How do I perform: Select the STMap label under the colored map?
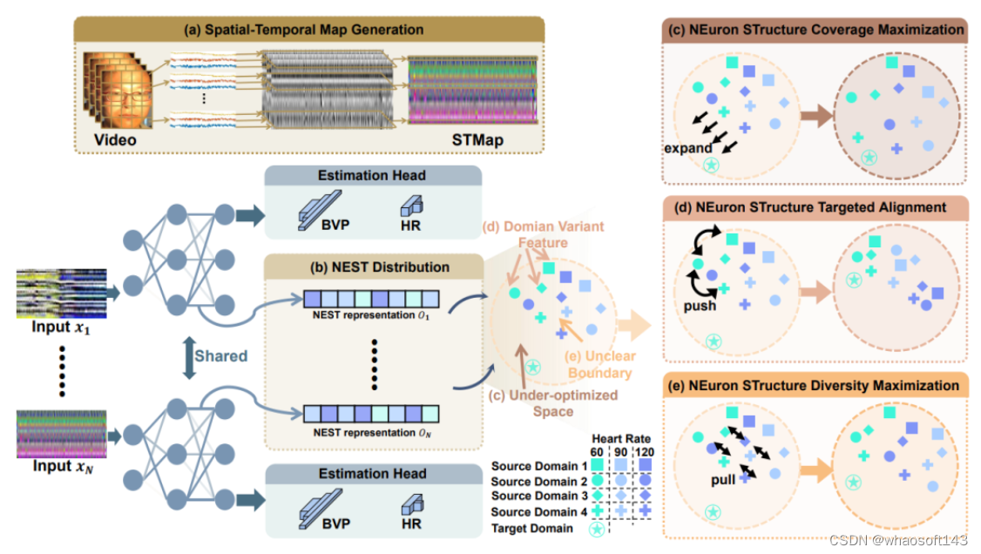pyautogui.click(x=478, y=140)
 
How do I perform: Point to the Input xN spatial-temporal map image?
pyautogui.click(x=62, y=432)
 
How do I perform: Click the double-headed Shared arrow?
pyautogui.click(x=186, y=357)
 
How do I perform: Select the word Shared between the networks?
pyautogui.click(x=220, y=356)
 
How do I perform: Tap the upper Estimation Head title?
pyautogui.click(x=372, y=175)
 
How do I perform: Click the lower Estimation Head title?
pyautogui.click(x=372, y=473)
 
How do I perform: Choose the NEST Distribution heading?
pyautogui.click(x=372, y=267)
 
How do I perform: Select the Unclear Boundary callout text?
pyautogui.click(x=602, y=364)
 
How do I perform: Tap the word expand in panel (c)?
pyautogui.click(x=688, y=147)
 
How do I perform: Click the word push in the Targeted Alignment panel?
pyautogui.click(x=700, y=306)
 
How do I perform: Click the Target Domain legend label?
pyautogui.click(x=533, y=528)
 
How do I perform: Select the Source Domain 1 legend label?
pyautogui.click(x=533, y=466)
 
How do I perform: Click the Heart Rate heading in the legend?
pyautogui.click(x=620, y=437)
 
